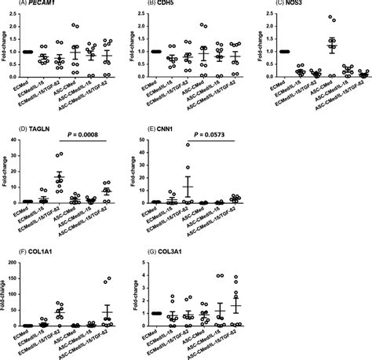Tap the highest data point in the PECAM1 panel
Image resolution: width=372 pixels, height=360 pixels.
75,25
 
